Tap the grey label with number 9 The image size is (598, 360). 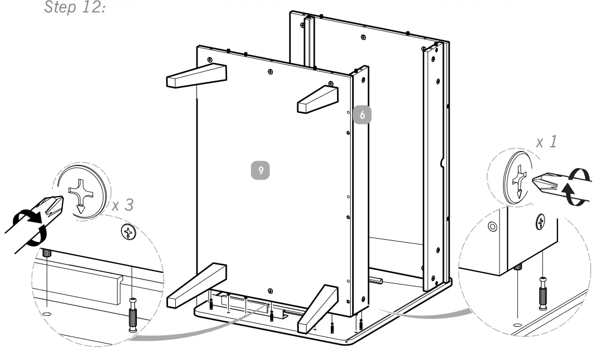pos(260,170)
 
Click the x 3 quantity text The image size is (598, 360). pos(122,205)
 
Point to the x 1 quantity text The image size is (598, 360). pos(547,142)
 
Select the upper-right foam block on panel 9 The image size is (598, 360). pos(317,100)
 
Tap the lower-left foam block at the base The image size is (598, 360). pos(198,285)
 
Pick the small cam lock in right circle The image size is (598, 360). pos(540,221)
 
